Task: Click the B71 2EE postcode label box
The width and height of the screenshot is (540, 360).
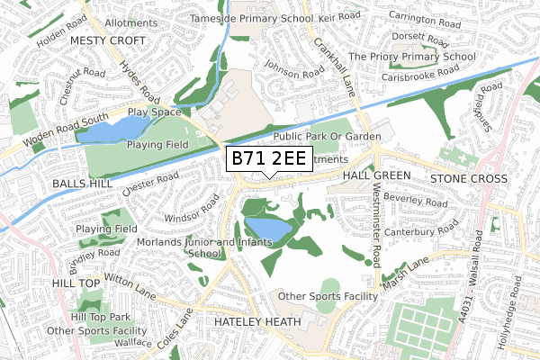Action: pyautogui.click(x=269, y=159)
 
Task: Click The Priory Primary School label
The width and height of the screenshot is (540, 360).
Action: pyautogui.click(x=411, y=56)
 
